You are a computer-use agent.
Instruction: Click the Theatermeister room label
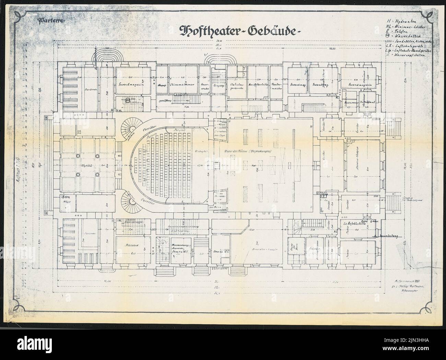(277, 86)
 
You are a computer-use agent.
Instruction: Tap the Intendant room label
(367, 103)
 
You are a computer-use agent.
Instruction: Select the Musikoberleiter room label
(258, 84)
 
